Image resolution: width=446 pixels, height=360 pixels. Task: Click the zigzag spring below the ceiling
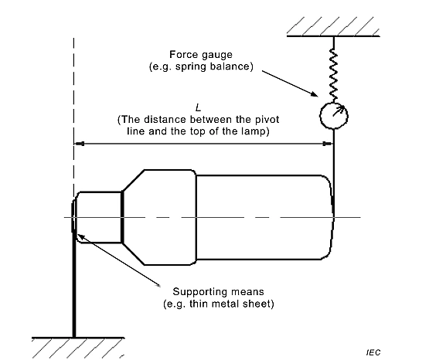[334, 75]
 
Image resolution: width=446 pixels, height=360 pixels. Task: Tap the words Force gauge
[201, 54]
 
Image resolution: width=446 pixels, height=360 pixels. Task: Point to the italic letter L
[198, 107]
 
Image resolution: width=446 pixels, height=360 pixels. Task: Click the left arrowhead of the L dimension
[79, 144]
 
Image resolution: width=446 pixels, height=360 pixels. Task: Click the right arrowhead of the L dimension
[328, 144]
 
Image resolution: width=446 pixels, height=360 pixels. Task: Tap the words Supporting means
[219, 292]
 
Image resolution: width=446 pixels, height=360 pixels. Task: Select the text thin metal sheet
[229, 304]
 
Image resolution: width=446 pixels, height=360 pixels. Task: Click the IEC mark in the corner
[373, 353]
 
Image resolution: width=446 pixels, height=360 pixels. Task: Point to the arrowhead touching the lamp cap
[81, 236]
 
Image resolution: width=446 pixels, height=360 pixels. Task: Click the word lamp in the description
[252, 131]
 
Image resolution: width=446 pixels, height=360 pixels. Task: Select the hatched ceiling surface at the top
[333, 26]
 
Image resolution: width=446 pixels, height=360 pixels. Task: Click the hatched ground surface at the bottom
[78, 348]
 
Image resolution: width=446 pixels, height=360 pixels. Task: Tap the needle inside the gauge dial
[339, 111]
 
